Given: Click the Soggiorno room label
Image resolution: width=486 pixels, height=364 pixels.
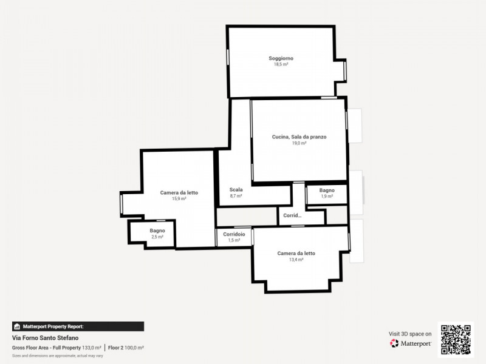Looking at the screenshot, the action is click(281, 58).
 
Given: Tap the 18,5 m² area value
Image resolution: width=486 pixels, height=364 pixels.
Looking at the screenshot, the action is click(281, 64).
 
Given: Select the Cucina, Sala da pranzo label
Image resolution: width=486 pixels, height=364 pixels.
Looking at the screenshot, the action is click(299, 137).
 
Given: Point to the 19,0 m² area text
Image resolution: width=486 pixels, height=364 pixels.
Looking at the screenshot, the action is click(299, 143).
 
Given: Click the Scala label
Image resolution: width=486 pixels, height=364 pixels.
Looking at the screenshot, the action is click(236, 190).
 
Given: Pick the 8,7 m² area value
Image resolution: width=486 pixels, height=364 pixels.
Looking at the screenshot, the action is click(236, 196).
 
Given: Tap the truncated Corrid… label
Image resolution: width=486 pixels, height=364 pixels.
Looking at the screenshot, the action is click(292, 215).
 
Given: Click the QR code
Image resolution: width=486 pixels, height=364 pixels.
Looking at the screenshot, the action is click(456, 340).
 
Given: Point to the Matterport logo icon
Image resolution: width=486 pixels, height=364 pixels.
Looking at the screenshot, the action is click(394, 343).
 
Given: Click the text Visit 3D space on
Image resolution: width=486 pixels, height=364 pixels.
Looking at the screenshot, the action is click(410, 334).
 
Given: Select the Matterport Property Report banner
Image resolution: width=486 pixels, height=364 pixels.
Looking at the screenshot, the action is click(78, 326).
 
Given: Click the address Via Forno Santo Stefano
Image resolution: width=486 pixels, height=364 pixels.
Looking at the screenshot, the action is click(45, 338).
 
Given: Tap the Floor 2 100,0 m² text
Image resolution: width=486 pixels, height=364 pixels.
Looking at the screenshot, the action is click(126, 348).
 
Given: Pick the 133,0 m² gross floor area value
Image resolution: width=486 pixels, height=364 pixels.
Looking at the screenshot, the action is click(92, 348).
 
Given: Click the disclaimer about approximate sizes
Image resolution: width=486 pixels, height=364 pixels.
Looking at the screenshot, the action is click(57, 356).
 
